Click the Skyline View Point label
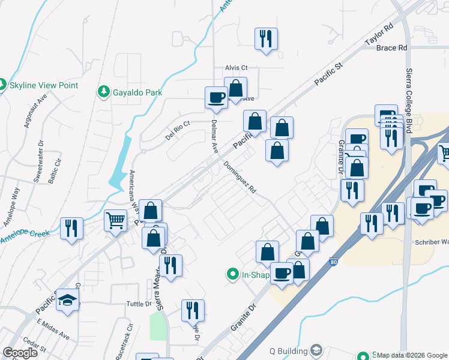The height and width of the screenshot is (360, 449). (44, 85)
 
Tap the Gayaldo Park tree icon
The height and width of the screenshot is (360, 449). (103, 92)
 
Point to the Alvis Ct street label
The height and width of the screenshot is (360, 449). (236, 68)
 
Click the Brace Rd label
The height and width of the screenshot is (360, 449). (392, 47)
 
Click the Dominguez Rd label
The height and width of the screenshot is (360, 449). (240, 177)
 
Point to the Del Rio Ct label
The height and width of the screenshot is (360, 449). (178, 131)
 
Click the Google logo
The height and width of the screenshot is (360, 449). (20, 352)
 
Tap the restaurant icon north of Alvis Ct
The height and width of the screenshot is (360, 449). (265, 38)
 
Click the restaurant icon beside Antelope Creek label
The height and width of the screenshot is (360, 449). (71, 228)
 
